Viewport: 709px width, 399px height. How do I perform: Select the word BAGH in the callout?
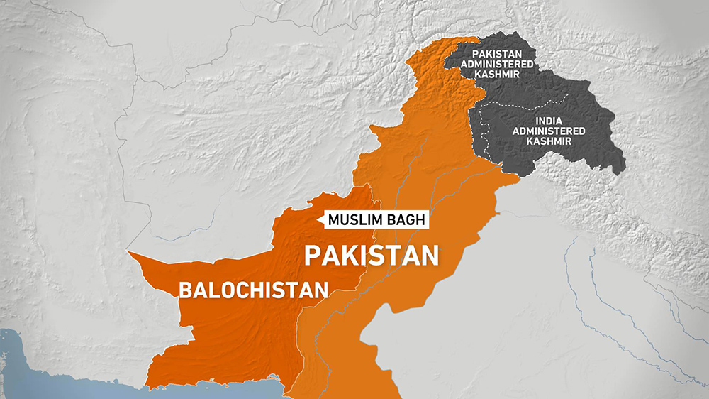pyautogui.click(x=409, y=219)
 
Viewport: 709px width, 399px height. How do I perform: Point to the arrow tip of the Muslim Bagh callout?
pyautogui.click(x=324, y=220)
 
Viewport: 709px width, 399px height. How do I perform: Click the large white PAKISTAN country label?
pyautogui.click(x=372, y=255)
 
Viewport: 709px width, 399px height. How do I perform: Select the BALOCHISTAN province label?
pyautogui.click(x=254, y=290)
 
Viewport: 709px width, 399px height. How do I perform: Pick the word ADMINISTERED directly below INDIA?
pyautogui.click(x=555, y=131)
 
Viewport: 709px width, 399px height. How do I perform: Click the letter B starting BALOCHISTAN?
pyautogui.click(x=184, y=290)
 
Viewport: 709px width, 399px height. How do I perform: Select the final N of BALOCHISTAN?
pyautogui.click(x=323, y=290)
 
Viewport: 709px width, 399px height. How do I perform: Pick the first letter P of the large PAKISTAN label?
pyautogui.click(x=312, y=255)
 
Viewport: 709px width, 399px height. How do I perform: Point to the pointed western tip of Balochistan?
pyautogui.click(x=128, y=251)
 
